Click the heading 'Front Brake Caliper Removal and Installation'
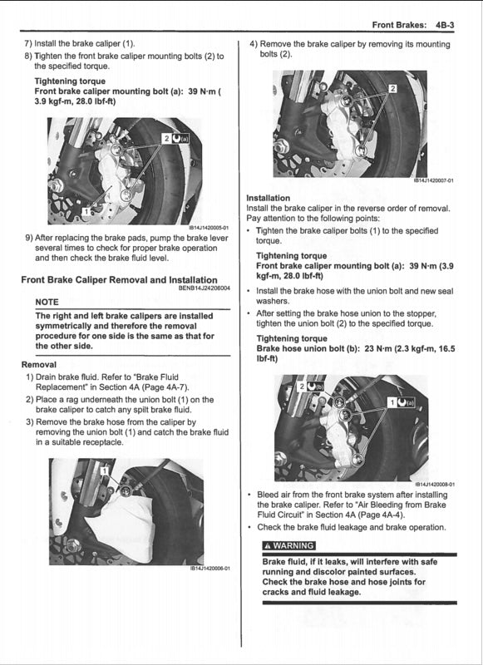(x=120, y=280)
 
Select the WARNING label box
(x=288, y=545)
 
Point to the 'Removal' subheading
(x=39, y=365)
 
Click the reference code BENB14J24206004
(x=204, y=288)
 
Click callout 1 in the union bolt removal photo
(x=104, y=470)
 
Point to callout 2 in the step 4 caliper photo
(x=392, y=88)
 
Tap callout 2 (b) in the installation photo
(x=309, y=387)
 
